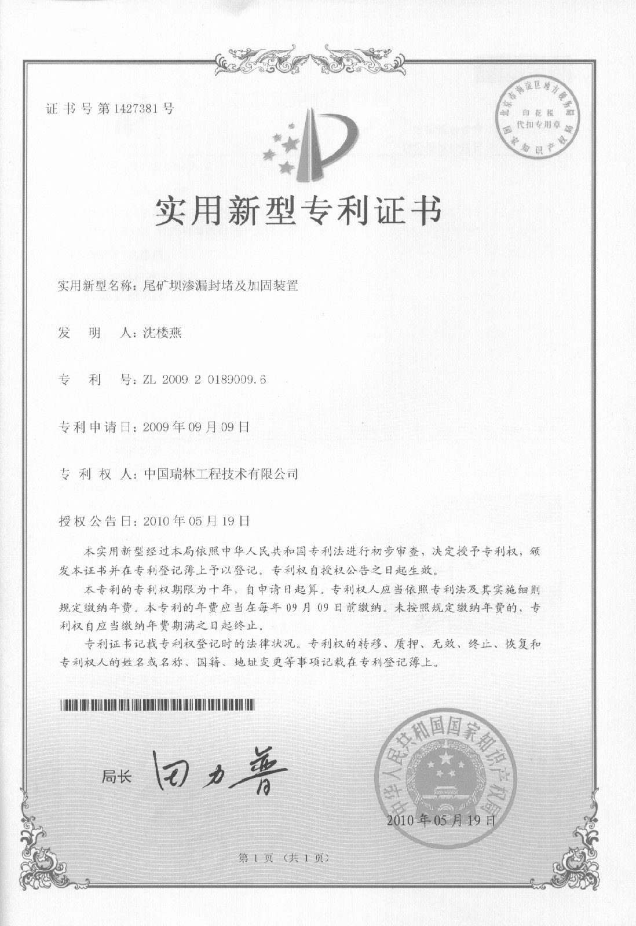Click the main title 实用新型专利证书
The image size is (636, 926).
coord(298,211)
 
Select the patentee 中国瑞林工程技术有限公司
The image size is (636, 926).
coord(221,474)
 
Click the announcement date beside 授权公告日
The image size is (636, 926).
coord(196,521)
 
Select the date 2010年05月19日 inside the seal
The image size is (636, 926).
coord(441,820)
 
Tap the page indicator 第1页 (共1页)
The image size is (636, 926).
coord(284,858)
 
